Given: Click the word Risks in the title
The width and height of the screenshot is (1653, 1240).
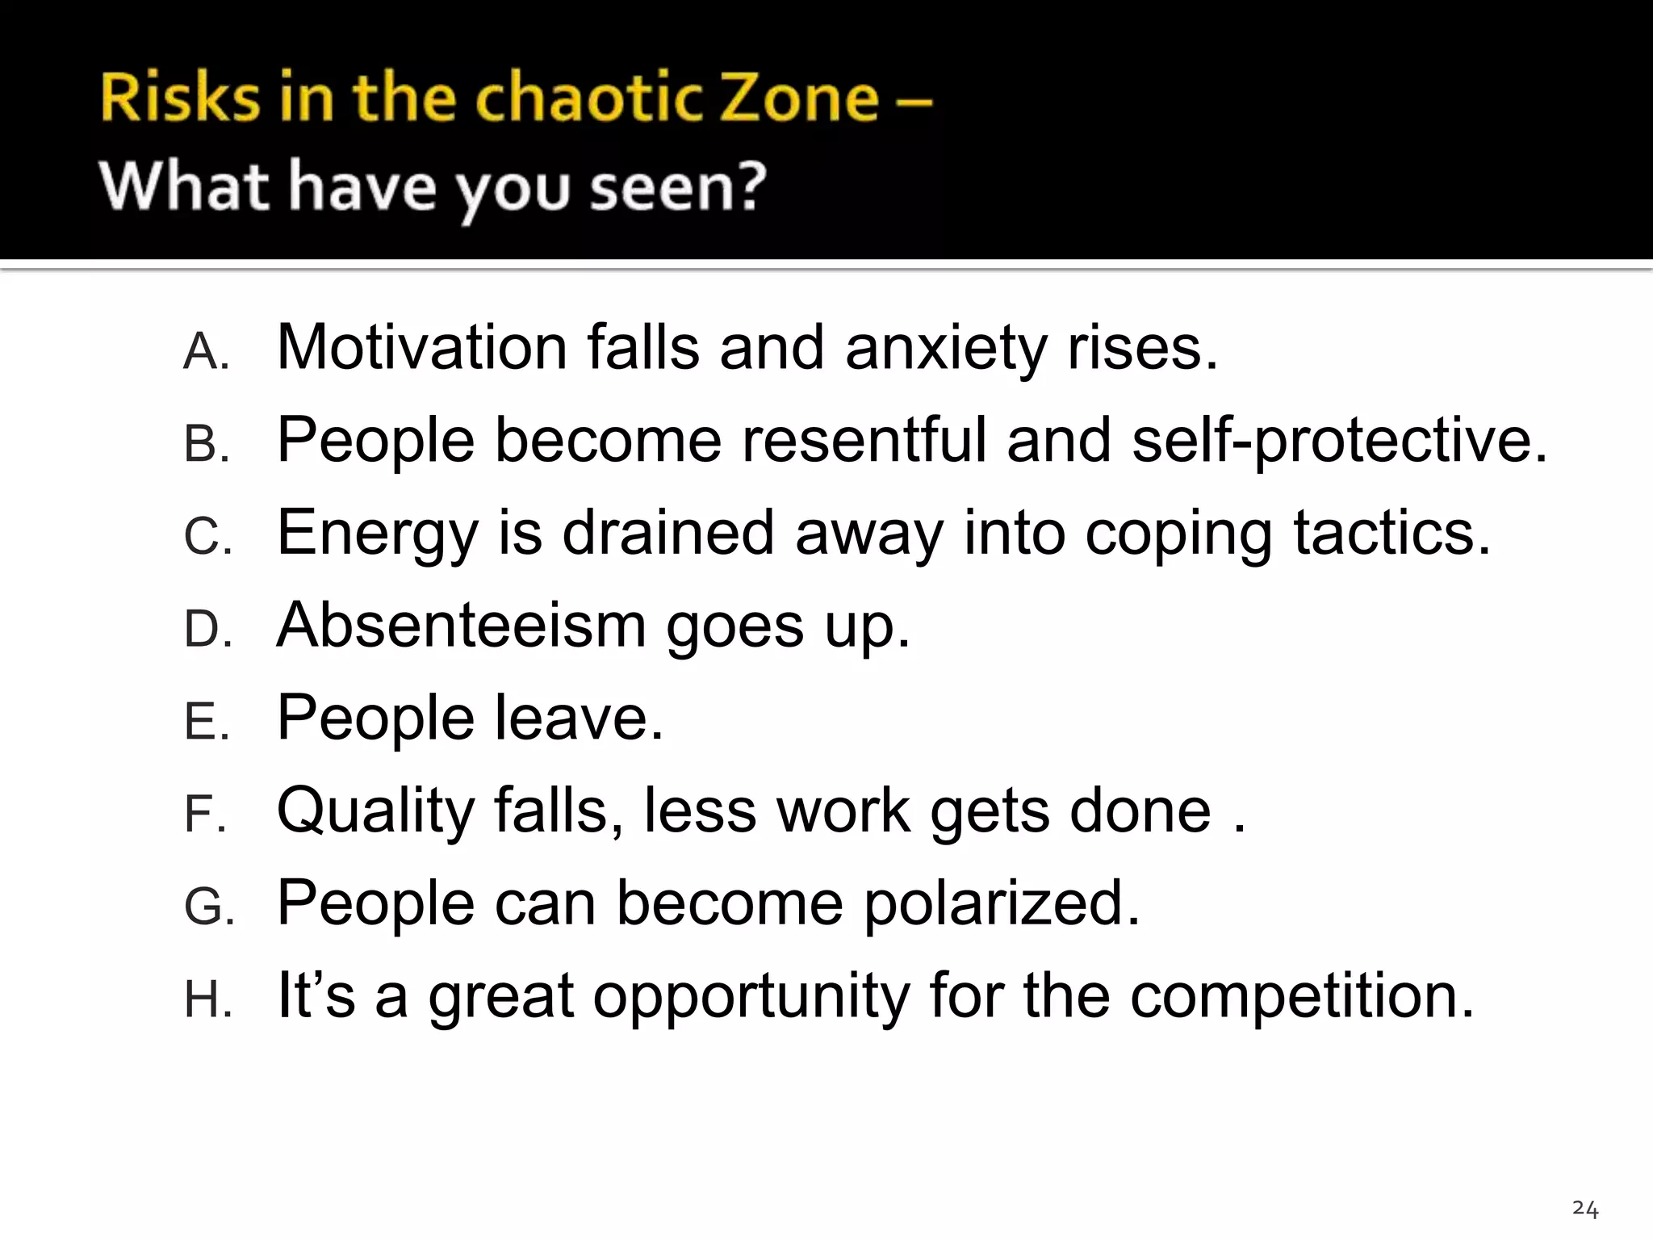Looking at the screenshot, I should [180, 98].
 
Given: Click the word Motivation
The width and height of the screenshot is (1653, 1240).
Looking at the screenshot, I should [421, 347].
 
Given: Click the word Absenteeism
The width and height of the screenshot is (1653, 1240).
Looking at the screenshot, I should [461, 625].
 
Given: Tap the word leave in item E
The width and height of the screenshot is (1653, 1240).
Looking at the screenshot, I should [578, 717].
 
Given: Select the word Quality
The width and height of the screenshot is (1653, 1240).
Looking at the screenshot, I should [375, 811].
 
